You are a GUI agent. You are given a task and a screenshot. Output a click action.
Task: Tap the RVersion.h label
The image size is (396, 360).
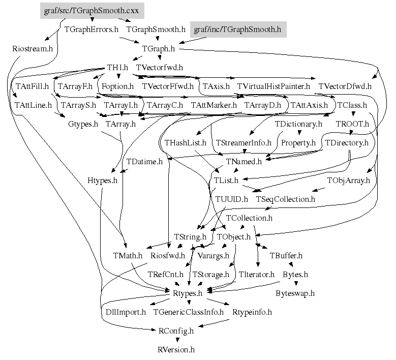pyautogui.click(x=176, y=349)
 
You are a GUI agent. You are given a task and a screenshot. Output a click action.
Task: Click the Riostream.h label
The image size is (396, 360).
pyautogui.click(x=33, y=49)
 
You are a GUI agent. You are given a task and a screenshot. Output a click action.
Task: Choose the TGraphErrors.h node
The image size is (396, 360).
pyautogui.click(x=92, y=29)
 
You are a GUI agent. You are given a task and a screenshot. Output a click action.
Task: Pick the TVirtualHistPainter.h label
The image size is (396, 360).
pyautogui.click(x=273, y=86)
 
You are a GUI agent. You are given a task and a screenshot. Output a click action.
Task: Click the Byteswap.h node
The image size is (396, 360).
pyautogui.click(x=295, y=293)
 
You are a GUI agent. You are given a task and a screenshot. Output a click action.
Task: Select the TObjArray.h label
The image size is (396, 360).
pyautogui.click(x=348, y=180)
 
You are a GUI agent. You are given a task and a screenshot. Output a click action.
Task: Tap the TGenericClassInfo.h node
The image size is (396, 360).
pyautogui.click(x=189, y=312)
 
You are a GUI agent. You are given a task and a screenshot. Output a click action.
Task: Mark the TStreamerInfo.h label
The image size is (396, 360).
pyautogui.click(x=243, y=142)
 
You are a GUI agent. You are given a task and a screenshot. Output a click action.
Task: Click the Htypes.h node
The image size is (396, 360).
pyautogui.click(x=102, y=180)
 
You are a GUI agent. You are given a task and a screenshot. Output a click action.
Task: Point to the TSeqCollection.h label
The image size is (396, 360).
pyautogui.click(x=285, y=199)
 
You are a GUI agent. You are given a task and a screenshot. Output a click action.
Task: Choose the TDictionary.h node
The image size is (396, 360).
pyautogui.click(x=298, y=124)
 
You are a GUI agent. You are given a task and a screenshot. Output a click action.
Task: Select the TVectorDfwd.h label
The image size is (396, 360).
pyautogui.click(x=345, y=86)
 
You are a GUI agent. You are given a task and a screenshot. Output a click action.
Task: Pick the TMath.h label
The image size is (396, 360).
pyautogui.click(x=127, y=255)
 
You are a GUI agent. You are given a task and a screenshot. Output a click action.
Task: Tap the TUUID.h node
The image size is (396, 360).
pyautogui.click(x=231, y=199)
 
